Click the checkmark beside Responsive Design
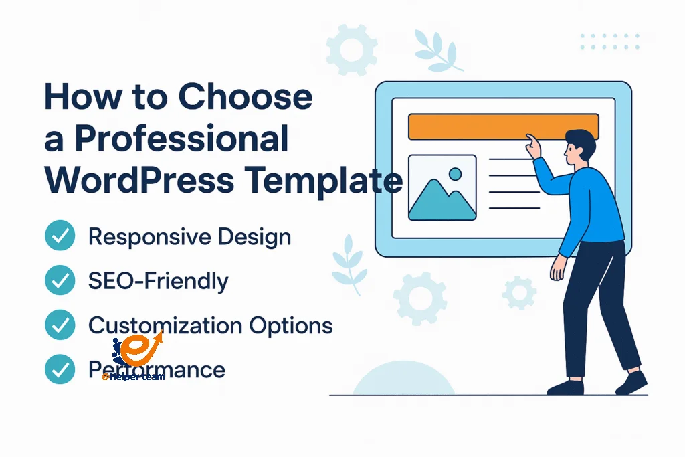60,237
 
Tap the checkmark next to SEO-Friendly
60,281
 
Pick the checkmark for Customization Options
60,325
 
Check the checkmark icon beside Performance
60,369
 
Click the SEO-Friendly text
158,281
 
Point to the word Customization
166,326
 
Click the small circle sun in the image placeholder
456,174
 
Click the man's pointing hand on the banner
532,145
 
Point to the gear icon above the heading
352,49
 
